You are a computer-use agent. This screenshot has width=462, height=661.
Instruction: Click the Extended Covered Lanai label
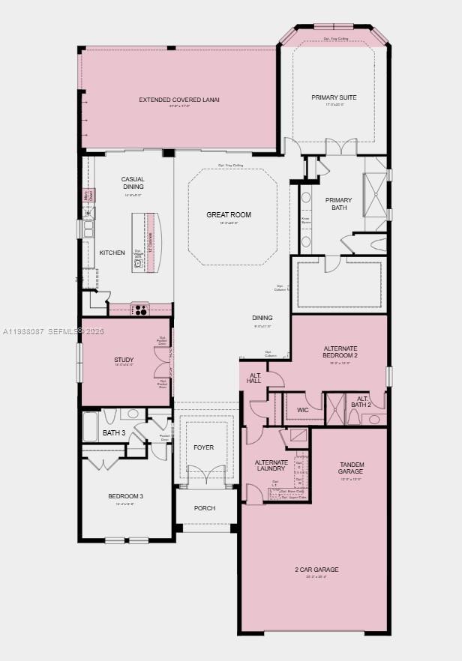click(179, 100)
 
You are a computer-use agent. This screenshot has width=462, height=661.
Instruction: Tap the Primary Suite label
click(334, 97)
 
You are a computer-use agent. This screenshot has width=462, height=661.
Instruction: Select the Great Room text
click(229, 215)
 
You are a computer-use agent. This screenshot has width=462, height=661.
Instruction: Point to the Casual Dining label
click(133, 182)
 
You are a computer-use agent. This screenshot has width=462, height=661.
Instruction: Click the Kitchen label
click(112, 253)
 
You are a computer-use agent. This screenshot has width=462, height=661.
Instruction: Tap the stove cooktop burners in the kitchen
click(140, 310)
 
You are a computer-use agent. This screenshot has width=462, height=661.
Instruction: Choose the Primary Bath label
click(338, 204)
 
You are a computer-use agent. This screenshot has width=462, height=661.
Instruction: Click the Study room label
click(124, 360)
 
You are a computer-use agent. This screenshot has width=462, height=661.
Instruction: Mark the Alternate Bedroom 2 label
click(340, 352)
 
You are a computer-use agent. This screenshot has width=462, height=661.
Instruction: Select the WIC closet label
click(303, 410)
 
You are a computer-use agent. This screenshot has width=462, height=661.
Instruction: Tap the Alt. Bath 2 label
click(361, 402)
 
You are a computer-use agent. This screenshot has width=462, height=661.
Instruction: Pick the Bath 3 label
click(113, 432)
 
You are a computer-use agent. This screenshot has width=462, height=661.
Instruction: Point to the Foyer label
click(203, 447)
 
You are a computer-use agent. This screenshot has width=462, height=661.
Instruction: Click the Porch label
click(204, 508)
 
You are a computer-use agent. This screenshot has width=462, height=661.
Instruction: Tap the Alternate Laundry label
click(271, 465)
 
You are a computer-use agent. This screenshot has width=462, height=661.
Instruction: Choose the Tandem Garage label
click(351, 468)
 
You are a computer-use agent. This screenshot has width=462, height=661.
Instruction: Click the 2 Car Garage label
click(316, 570)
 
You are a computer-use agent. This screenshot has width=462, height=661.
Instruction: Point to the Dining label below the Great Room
click(262, 318)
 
